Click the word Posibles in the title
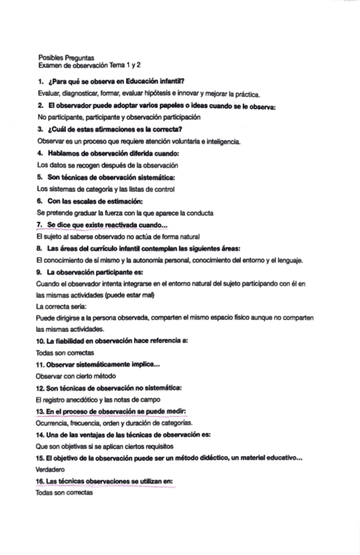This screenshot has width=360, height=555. (x=49, y=58)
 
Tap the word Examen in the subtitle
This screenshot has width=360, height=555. (x=50, y=66)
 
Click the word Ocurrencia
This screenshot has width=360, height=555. (x=53, y=423)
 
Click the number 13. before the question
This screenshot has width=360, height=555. (x=41, y=412)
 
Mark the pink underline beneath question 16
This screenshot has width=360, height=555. (x=105, y=487)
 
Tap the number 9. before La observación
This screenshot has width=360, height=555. (x=41, y=272)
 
